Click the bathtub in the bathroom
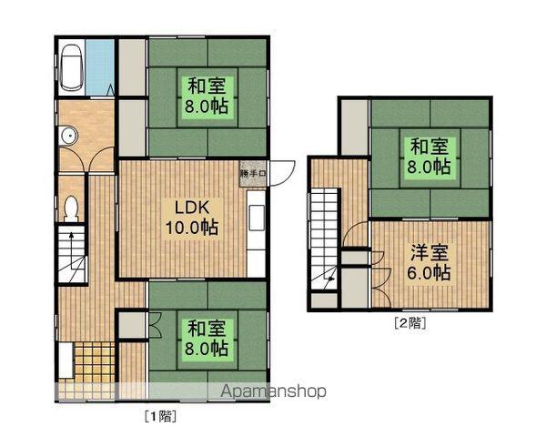pyautogui.click(x=71, y=67)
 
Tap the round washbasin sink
pyautogui.click(x=68, y=135)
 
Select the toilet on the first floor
pyautogui.click(x=71, y=208)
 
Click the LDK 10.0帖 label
pyautogui.click(x=192, y=218)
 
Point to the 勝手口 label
pyautogui.click(x=252, y=173)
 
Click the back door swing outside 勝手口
pyautogui.click(x=282, y=173)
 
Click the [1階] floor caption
pyautogui.click(x=160, y=416)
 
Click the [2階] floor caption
pyautogui.click(x=409, y=323)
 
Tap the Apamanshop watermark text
pyautogui.click(x=274, y=391)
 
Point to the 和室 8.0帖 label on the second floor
pyautogui.click(x=429, y=156)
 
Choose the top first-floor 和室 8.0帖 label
pyautogui.click(x=207, y=96)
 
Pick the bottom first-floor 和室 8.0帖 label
pyautogui.click(x=207, y=338)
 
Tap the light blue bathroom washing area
pyautogui.click(x=100, y=67)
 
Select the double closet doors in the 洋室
pyautogui.click(x=380, y=279)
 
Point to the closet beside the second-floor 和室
pyautogui.click(x=355, y=127)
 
